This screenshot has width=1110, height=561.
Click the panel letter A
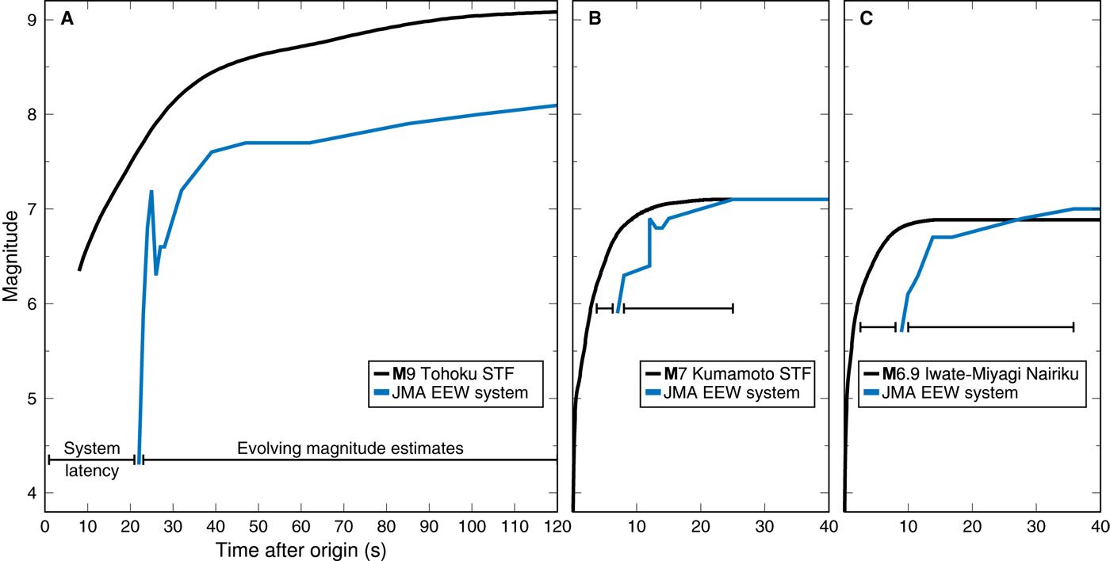point(67,20)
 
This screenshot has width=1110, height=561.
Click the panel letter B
point(595,20)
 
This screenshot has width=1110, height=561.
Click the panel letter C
point(867,20)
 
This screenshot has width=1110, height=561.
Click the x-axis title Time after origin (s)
point(299,548)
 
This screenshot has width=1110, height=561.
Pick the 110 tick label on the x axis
point(514,526)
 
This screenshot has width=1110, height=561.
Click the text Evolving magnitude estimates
point(350,448)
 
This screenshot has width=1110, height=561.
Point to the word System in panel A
point(91,448)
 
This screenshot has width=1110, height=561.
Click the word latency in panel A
point(91,471)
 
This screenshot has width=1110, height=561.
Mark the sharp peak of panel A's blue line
point(151,191)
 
